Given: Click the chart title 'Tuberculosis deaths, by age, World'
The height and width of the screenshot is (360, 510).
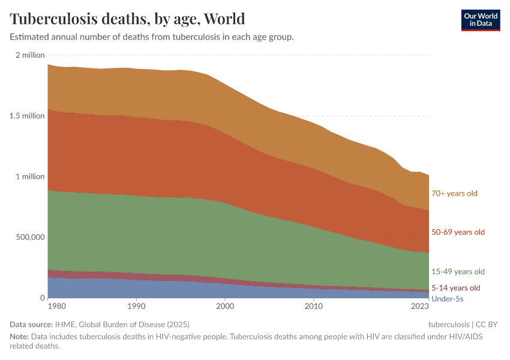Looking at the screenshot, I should (127, 19).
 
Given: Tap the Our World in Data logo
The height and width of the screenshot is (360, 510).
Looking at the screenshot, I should (480, 20).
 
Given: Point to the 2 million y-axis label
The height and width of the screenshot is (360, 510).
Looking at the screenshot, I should (30, 55).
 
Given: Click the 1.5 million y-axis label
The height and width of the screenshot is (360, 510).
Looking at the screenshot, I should (28, 116).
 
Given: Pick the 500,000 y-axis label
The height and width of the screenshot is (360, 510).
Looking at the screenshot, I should (29, 237).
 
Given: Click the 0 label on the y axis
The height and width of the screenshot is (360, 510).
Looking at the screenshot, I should (42, 298).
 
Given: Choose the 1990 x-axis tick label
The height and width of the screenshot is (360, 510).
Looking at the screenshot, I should (137, 307).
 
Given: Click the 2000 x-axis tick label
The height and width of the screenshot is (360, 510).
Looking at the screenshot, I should (225, 307).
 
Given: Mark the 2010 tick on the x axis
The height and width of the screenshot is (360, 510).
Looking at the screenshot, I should (314, 307).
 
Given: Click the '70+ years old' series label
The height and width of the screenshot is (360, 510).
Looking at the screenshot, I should (454, 193).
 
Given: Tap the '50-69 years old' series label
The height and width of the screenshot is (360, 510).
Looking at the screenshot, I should (458, 232).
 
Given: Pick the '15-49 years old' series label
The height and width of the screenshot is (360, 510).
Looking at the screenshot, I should (458, 272).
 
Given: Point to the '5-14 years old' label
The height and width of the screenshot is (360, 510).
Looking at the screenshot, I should (456, 287).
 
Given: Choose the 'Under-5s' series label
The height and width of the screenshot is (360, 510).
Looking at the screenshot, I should (447, 298).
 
